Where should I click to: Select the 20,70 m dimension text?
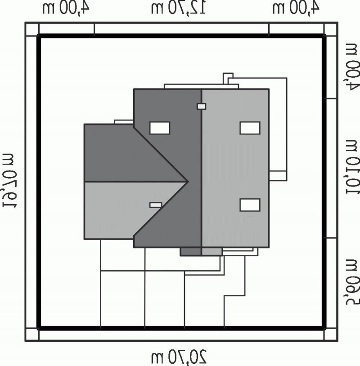(x=179, y=357)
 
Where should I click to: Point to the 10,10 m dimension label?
(x=353, y=167)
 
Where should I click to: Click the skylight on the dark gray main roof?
(x=160, y=128)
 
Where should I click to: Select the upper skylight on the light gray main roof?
(x=250, y=128)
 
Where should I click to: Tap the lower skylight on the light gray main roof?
(x=250, y=205)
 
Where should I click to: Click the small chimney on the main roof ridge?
(x=202, y=107)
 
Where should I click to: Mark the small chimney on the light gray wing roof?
(x=156, y=205)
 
